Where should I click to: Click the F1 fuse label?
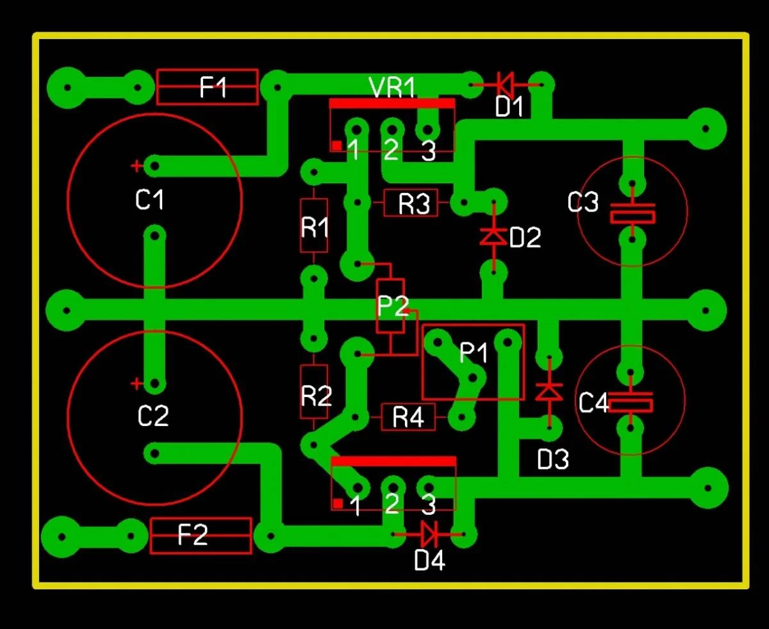coord(213,87)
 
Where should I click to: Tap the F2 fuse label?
coord(193,535)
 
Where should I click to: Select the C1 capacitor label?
coord(150,200)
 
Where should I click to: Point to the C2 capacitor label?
coord(153,416)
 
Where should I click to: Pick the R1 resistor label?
coord(314,227)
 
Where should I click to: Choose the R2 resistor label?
coord(317,397)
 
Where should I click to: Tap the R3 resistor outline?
coord(411,204)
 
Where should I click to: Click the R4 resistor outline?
coord(408,418)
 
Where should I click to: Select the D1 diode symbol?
coord(505,83)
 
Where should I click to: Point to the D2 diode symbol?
coord(493,236)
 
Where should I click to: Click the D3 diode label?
coord(552,459)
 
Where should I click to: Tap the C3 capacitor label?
coord(583,203)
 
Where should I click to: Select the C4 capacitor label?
coord(593,404)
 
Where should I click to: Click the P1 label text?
coord(474,352)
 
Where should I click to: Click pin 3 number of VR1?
coord(428,152)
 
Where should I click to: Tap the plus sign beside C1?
coord(136,167)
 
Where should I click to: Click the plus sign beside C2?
coord(136,384)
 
